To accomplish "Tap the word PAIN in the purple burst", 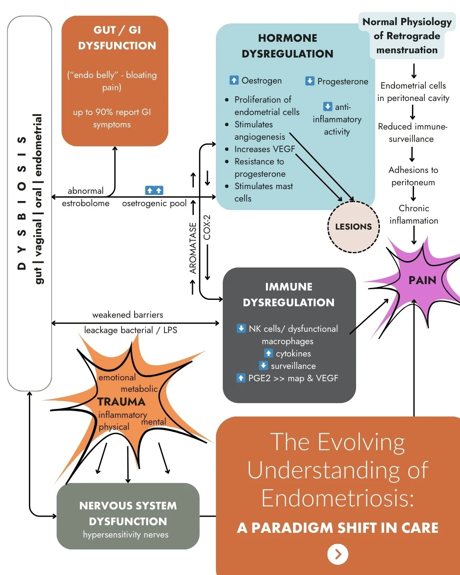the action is tap(423, 280).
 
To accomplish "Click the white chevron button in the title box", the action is tap(338, 554).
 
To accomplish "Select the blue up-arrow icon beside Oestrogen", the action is tap(234, 80).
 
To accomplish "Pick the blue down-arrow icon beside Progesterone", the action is tap(310, 80).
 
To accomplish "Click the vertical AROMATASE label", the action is tap(193, 248).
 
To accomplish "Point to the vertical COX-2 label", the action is tap(207, 227).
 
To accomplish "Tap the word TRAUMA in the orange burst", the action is tap(121, 402).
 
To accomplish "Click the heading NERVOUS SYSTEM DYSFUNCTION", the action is tap(128, 513).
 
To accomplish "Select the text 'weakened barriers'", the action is tap(128, 315).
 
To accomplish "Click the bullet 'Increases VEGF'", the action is tap(264, 149).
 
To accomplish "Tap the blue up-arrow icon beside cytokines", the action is tap(268, 353).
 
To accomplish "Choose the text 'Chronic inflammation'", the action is tap(414, 214).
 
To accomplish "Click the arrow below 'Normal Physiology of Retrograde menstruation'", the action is tap(414, 71).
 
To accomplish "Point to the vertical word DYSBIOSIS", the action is tap(22, 203).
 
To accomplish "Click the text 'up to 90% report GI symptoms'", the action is tap(112, 118).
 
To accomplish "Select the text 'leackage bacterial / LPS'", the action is tap(131, 330).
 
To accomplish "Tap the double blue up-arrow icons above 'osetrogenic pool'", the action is tap(154, 190).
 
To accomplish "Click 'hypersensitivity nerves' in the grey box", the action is tap(126, 535).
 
